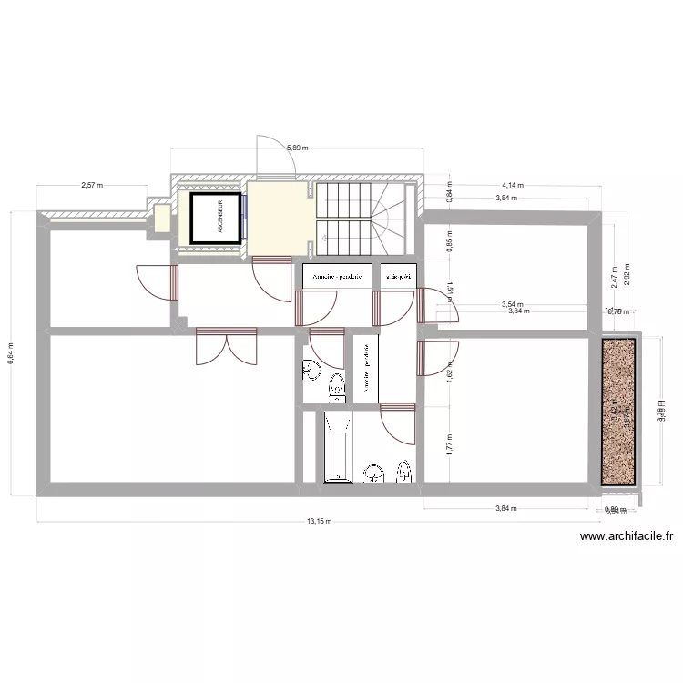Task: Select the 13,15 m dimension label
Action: (x=319, y=522)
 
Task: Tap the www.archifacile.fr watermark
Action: (x=627, y=537)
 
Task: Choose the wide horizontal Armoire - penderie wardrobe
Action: (x=337, y=276)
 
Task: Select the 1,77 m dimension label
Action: (x=449, y=443)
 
